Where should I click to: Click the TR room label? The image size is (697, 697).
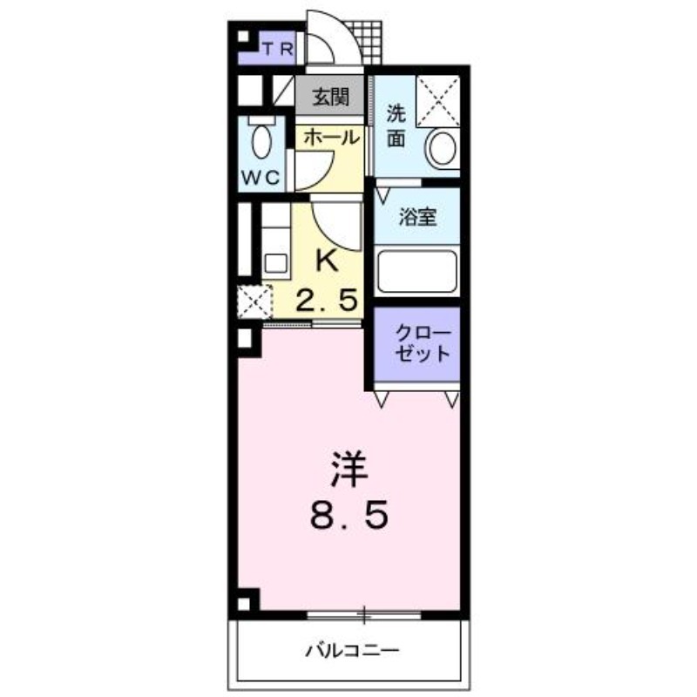point(278,49)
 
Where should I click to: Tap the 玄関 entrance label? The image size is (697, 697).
point(330,97)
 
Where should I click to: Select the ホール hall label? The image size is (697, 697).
point(332,137)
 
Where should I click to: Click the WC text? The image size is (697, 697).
point(261,178)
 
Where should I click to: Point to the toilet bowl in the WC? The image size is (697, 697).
point(262,141)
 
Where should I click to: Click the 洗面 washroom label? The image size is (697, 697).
point(396,125)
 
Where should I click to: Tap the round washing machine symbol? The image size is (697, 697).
point(442,148)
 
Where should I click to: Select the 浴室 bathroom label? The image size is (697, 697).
point(417,216)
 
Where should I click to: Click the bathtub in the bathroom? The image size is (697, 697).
point(417,272)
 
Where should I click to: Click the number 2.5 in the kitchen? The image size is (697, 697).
point(328,300)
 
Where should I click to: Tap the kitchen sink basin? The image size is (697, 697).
point(275,263)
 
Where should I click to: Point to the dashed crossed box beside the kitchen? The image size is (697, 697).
point(254,301)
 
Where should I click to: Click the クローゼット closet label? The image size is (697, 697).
point(423,343)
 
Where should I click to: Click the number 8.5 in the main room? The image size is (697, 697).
point(349,515)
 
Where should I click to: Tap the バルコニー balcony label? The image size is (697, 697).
point(352,651)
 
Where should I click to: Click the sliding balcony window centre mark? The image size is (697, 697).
point(364,615)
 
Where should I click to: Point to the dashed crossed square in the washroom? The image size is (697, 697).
point(438,101)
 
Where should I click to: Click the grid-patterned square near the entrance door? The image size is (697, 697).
point(364,42)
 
